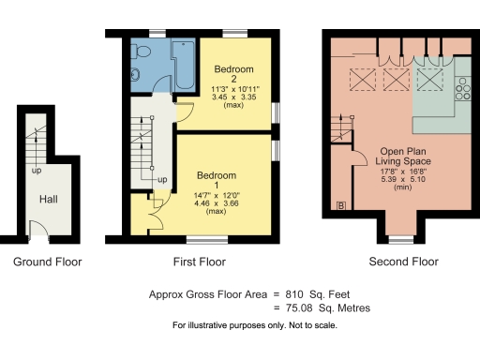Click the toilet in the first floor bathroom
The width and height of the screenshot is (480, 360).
(136, 75)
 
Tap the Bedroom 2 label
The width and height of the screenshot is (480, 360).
(233, 75)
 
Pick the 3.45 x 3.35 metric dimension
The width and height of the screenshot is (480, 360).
(233, 97)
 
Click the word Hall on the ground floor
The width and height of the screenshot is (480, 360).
(49, 200)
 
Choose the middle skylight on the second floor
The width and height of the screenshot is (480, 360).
(395, 79)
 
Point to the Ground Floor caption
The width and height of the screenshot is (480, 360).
(48, 262)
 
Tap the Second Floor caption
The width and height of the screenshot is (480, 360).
(404, 262)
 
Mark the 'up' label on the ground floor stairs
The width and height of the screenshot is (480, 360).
(36, 172)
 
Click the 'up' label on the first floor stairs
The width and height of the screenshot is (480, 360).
(162, 179)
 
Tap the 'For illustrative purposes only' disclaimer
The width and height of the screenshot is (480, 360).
(253, 325)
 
